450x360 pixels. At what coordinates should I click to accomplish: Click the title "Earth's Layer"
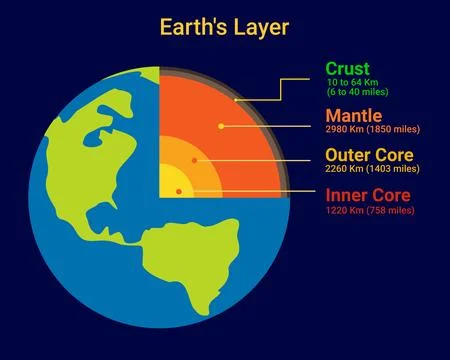pos(224,27)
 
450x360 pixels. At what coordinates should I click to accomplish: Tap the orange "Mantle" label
pos(354,116)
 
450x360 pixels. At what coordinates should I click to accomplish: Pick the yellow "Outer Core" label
pos(370,156)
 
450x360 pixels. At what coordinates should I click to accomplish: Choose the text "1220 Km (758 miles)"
pos(370,210)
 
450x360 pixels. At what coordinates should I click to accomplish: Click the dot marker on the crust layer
pos(235,100)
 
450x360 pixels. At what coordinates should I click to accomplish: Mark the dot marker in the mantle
pos(220,126)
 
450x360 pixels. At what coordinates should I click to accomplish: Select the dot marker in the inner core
pos(177,187)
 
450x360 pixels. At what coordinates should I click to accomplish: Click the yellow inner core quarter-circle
pos(171,185)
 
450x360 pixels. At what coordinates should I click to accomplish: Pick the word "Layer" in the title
pos(262,27)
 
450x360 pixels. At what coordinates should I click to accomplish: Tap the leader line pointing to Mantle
pos(270,126)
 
